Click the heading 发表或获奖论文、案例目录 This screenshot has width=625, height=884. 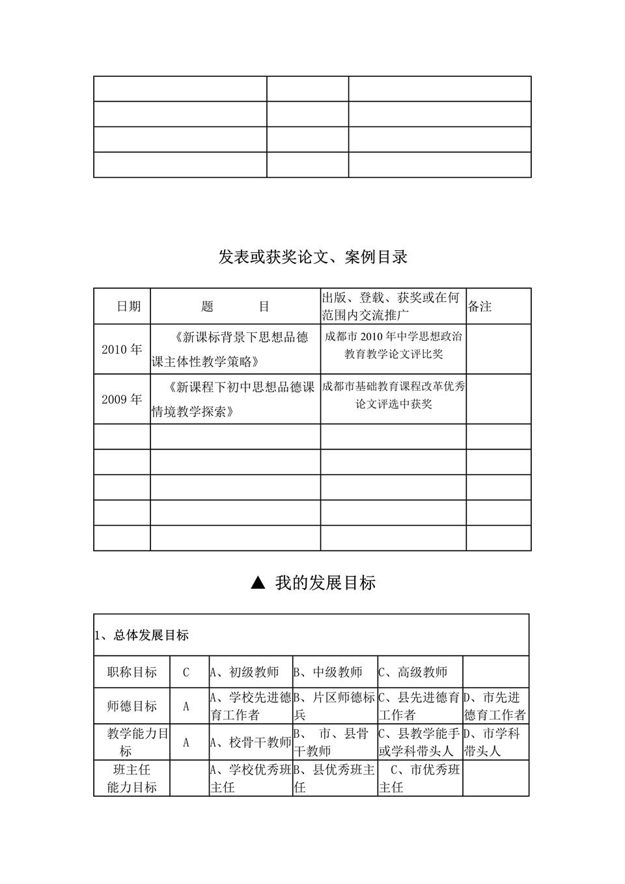312,257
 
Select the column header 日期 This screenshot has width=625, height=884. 128,306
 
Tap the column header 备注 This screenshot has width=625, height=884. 480,306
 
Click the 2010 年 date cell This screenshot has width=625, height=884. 122,349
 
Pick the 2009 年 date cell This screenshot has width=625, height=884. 122,399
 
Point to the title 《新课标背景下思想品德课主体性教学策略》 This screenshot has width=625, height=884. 235,349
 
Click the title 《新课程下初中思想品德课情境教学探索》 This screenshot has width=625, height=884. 235,399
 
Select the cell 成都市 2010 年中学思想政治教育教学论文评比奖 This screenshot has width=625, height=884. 393,345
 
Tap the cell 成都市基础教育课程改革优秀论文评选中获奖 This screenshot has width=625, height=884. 393,395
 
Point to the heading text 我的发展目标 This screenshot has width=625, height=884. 326,583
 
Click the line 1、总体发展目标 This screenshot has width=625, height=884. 142,635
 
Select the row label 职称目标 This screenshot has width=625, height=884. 132,672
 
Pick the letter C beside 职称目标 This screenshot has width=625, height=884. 186,672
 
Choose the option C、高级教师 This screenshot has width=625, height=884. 413,672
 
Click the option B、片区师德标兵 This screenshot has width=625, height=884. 335,706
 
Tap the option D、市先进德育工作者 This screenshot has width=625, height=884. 495,706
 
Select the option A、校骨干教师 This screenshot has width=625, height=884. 251,742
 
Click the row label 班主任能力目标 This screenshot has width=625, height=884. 132,778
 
